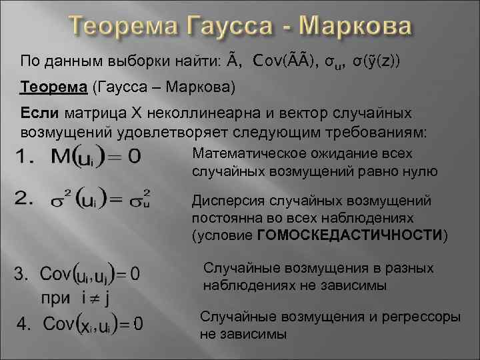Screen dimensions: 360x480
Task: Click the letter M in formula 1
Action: (x=71, y=157)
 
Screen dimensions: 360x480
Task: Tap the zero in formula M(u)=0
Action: (x=134, y=157)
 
